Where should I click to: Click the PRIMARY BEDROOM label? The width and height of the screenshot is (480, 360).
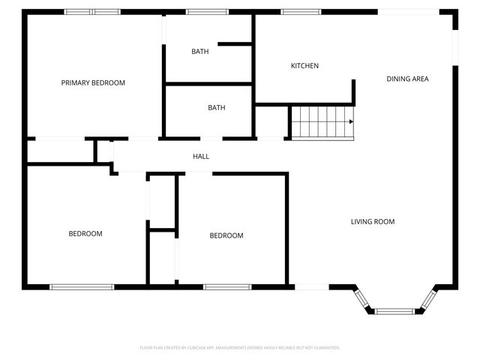point(93,82)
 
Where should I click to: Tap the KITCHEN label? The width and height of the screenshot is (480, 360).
point(304,66)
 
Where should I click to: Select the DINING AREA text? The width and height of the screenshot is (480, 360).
point(407,79)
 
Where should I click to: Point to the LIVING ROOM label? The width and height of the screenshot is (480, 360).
point(373,221)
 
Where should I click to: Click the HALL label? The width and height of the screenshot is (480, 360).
point(201,157)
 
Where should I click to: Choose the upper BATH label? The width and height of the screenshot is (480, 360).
point(200,52)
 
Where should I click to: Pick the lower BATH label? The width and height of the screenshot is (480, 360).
point(217,108)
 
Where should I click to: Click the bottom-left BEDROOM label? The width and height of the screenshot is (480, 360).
point(85,234)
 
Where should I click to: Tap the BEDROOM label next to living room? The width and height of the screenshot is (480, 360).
point(226,235)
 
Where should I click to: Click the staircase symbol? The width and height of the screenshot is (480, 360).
point(322,122)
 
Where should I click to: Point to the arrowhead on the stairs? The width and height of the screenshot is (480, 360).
point(350,122)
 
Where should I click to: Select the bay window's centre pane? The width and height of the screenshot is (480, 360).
point(394,310)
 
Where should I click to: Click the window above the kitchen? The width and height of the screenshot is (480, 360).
point(301,11)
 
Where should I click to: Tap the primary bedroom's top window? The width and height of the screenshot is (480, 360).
point(92,11)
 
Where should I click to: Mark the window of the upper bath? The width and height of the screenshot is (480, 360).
point(208,11)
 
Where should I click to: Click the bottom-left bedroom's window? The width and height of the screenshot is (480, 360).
point(82,286)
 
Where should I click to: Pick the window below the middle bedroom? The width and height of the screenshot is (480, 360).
point(227,286)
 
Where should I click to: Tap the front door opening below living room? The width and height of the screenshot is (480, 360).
point(312,286)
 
